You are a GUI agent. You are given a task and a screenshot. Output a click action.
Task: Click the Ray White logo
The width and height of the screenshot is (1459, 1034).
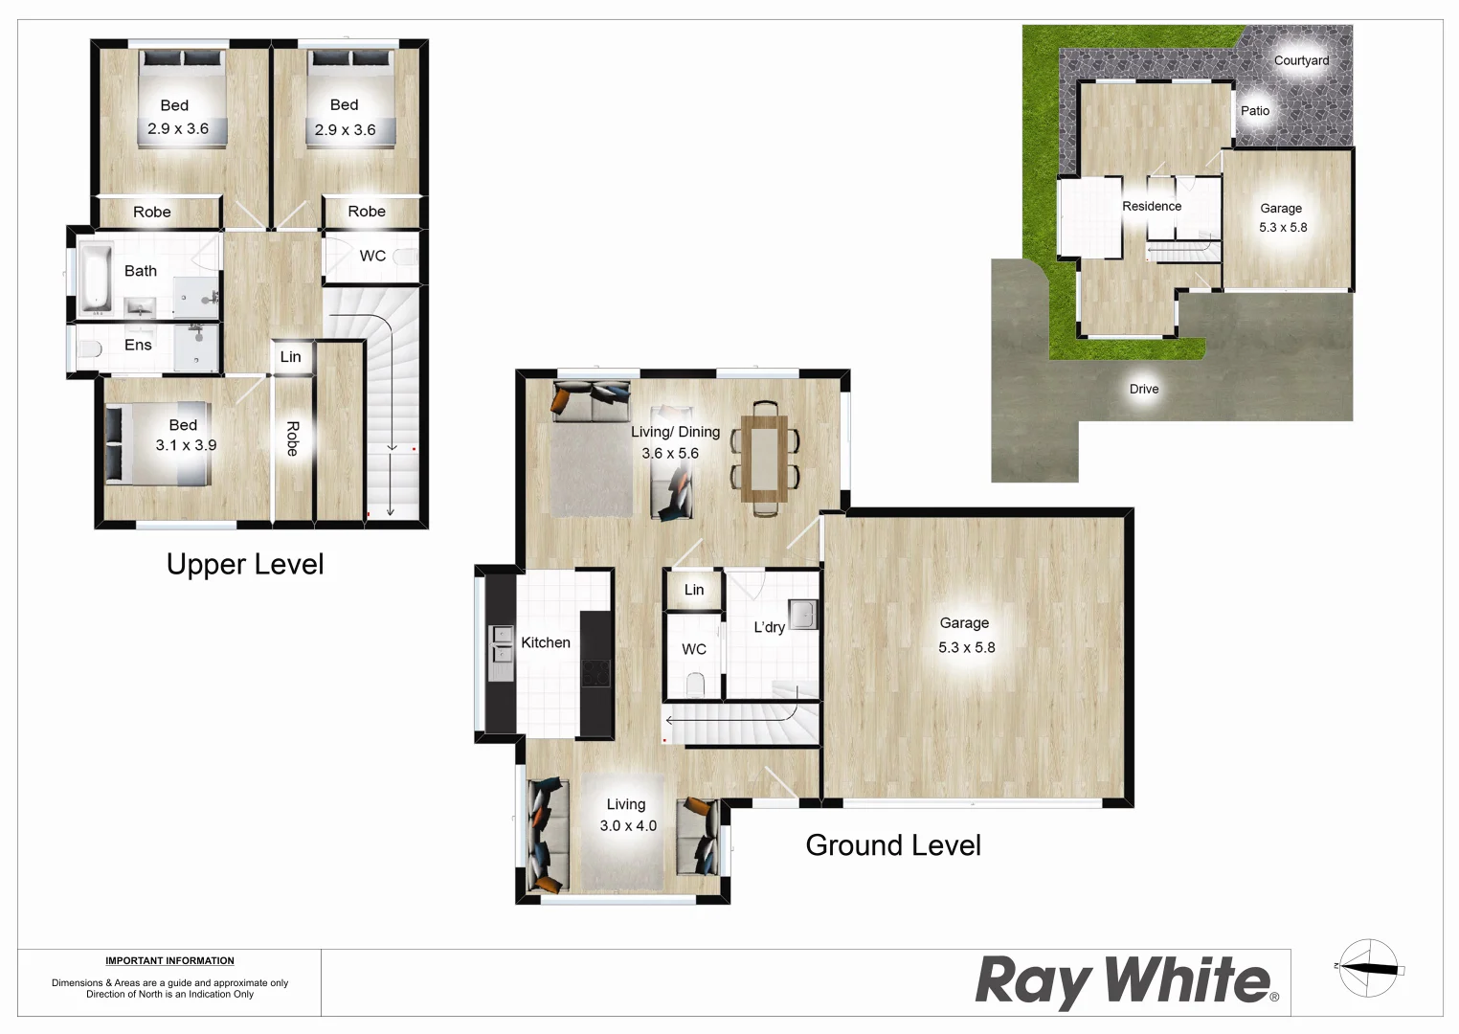click(x=1126, y=981)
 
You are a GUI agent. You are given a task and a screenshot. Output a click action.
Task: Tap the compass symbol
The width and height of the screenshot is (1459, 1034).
click(x=1369, y=968)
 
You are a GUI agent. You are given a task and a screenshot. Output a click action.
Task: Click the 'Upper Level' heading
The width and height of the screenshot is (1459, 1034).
click(x=245, y=565)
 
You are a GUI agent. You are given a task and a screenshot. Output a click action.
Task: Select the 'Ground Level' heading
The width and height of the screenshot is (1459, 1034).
click(x=893, y=845)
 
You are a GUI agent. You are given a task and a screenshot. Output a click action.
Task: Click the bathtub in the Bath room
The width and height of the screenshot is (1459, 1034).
click(x=95, y=278)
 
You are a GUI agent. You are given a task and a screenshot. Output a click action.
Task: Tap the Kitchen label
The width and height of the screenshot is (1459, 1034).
click(x=546, y=642)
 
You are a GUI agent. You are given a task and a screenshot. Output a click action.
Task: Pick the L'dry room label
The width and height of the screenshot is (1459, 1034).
click(x=769, y=627)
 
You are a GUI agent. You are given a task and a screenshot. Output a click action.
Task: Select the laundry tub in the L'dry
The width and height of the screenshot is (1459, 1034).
click(x=802, y=614)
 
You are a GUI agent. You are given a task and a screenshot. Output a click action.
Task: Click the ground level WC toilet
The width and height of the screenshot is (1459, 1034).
click(x=696, y=684)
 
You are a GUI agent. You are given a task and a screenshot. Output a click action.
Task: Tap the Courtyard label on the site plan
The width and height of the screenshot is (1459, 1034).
click(x=1301, y=60)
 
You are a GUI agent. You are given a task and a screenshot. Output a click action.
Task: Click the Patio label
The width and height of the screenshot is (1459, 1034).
click(x=1255, y=111)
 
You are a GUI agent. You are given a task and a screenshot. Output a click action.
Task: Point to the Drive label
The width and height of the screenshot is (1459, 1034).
click(x=1144, y=389)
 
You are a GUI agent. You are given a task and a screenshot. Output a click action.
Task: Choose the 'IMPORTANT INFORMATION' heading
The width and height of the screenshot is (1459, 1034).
click(x=169, y=960)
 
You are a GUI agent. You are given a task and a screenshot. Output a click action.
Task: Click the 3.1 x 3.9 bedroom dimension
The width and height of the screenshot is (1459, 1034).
click(x=186, y=445)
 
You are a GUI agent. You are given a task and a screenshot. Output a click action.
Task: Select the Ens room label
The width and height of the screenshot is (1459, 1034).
click(x=138, y=345)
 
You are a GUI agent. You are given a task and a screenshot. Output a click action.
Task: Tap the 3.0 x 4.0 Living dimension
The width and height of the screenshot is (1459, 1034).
click(x=628, y=825)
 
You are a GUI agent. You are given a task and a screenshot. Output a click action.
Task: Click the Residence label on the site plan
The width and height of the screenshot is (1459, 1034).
click(x=1152, y=206)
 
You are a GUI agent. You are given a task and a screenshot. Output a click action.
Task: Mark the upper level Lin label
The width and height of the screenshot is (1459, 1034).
click(x=290, y=357)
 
